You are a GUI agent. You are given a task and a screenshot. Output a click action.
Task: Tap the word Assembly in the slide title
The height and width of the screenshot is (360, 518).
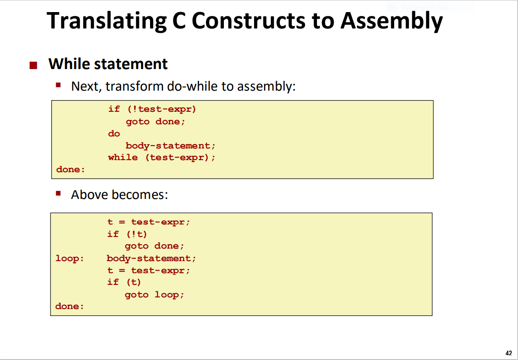coord(391,21)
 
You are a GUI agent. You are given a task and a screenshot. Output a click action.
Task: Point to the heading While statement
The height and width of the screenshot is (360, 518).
coord(108,64)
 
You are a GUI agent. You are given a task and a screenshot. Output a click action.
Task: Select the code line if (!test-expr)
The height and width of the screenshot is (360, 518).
coord(152,109)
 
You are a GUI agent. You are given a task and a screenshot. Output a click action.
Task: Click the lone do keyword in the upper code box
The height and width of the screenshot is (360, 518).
coord(114,133)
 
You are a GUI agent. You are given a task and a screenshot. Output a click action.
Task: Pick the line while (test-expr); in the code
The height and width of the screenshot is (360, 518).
coord(161,158)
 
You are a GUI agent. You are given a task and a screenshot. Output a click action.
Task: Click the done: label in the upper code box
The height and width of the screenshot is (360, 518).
coord(70,170)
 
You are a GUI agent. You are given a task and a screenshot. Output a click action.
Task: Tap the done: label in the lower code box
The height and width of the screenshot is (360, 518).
coord(69,306)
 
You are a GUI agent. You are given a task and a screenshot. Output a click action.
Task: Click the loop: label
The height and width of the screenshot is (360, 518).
coord(69,259)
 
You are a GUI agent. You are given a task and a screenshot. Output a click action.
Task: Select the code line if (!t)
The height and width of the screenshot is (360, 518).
coord(127,234)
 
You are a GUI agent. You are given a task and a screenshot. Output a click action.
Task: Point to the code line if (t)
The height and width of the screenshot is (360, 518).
coord(124,282)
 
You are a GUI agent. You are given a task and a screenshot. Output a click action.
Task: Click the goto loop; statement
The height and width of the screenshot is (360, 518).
coord(154,295)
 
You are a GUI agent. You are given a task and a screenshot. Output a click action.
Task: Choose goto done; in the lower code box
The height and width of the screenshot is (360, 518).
coord(154,246)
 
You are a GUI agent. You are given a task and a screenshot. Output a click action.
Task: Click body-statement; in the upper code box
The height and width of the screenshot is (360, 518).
coord(170,145)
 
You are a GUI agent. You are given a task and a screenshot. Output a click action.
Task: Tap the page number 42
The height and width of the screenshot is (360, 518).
coord(509,352)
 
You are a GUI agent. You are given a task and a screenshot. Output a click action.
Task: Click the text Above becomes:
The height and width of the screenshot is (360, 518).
coord(119,195)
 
